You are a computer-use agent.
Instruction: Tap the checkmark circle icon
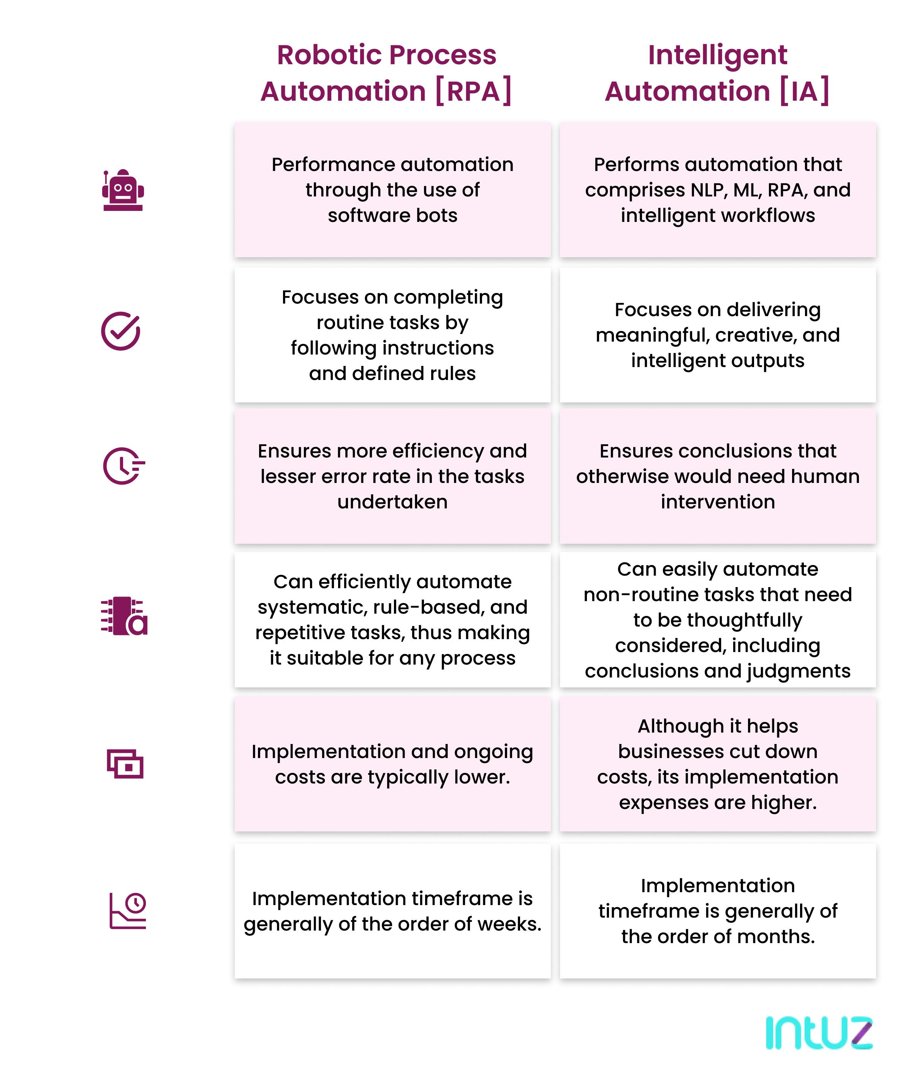pyautogui.click(x=121, y=331)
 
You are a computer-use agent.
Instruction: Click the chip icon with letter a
pyautogui.click(x=124, y=616)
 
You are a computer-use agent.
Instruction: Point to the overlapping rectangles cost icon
pyautogui.click(x=125, y=764)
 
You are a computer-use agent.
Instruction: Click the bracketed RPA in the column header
pyautogui.click(x=473, y=92)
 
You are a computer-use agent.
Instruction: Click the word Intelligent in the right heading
pyautogui.click(x=718, y=55)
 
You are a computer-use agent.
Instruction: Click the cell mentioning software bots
pyautogui.click(x=392, y=190)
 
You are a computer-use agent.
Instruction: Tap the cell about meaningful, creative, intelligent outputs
pyautogui.click(x=718, y=335)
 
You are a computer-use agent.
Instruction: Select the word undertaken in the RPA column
pyautogui.click(x=392, y=502)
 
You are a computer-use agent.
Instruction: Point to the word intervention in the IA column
pyautogui.click(x=718, y=502)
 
